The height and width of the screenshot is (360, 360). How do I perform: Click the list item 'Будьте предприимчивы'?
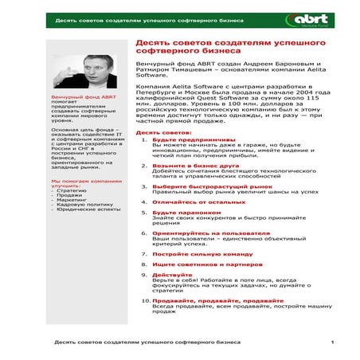189,139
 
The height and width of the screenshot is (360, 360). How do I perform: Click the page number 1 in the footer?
332,342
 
